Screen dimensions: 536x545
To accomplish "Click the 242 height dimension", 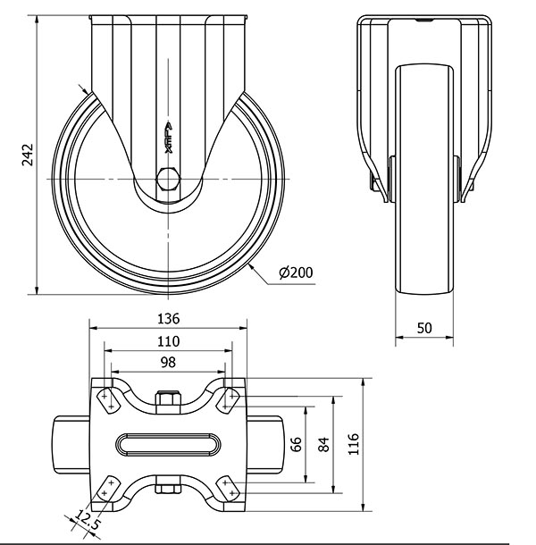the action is [x=28, y=155].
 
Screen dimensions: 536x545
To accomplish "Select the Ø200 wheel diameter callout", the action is [x=296, y=272].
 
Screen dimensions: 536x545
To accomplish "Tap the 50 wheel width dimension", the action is [x=424, y=328].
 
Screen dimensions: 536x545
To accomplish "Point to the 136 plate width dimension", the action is [x=169, y=319].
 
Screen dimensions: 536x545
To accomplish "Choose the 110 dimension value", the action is [x=169, y=341].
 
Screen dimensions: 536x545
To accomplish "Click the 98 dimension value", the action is [x=168, y=363].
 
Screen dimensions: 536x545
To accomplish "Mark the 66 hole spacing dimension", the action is [x=297, y=444].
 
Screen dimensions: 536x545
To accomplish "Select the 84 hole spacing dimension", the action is [x=323, y=444].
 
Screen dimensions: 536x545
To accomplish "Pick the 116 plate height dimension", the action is [x=354, y=444].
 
